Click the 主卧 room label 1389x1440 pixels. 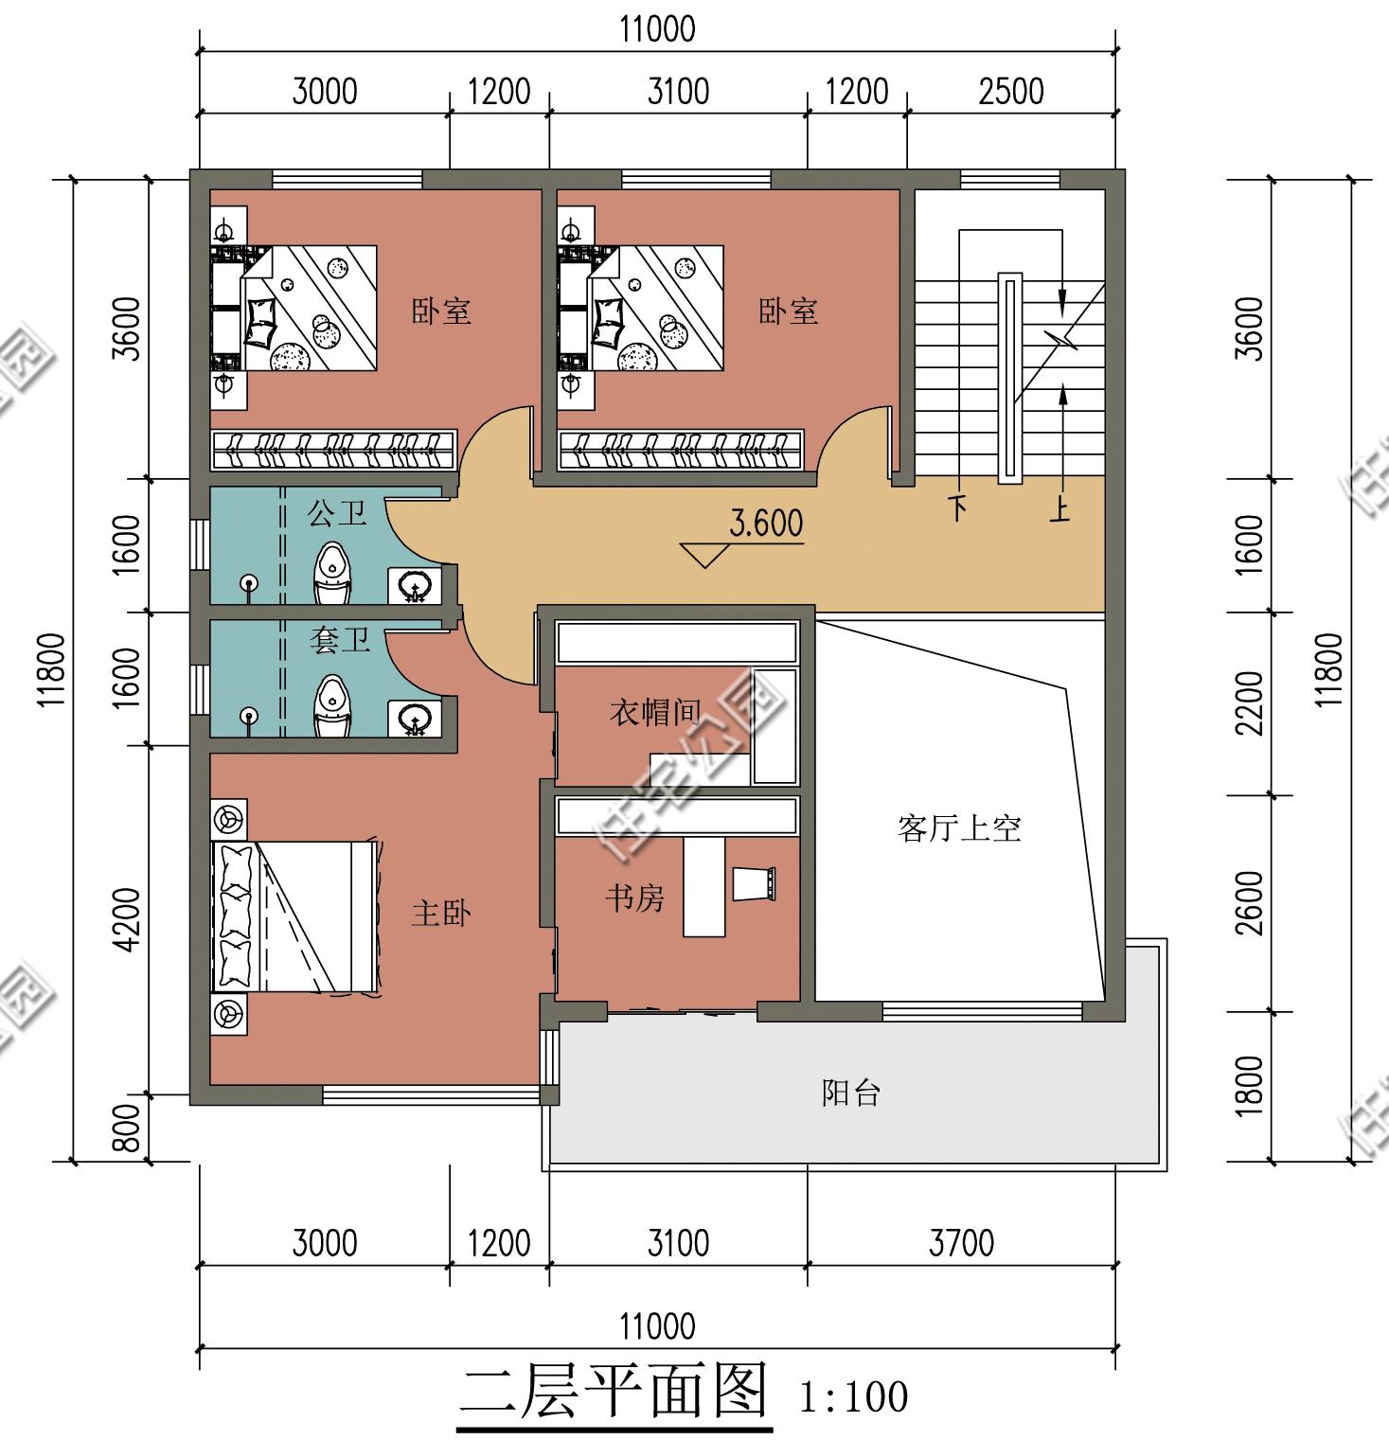tap(441, 914)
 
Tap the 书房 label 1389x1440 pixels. tap(635, 898)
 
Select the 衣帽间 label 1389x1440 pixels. tap(655, 712)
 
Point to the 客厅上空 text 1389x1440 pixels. tap(959, 828)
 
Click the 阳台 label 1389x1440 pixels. tap(851, 1093)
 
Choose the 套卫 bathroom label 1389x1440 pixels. tap(340, 641)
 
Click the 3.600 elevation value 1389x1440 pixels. tap(766, 523)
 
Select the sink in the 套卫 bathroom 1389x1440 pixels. tap(414, 720)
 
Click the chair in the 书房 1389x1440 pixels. tap(755, 883)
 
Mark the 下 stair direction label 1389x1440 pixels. tap(959, 508)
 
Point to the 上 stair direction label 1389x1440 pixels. tap(1060, 509)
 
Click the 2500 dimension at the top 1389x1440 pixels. tap(1011, 92)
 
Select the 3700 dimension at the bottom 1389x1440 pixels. tap(961, 1242)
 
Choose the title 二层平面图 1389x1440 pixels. tap(614, 1392)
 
